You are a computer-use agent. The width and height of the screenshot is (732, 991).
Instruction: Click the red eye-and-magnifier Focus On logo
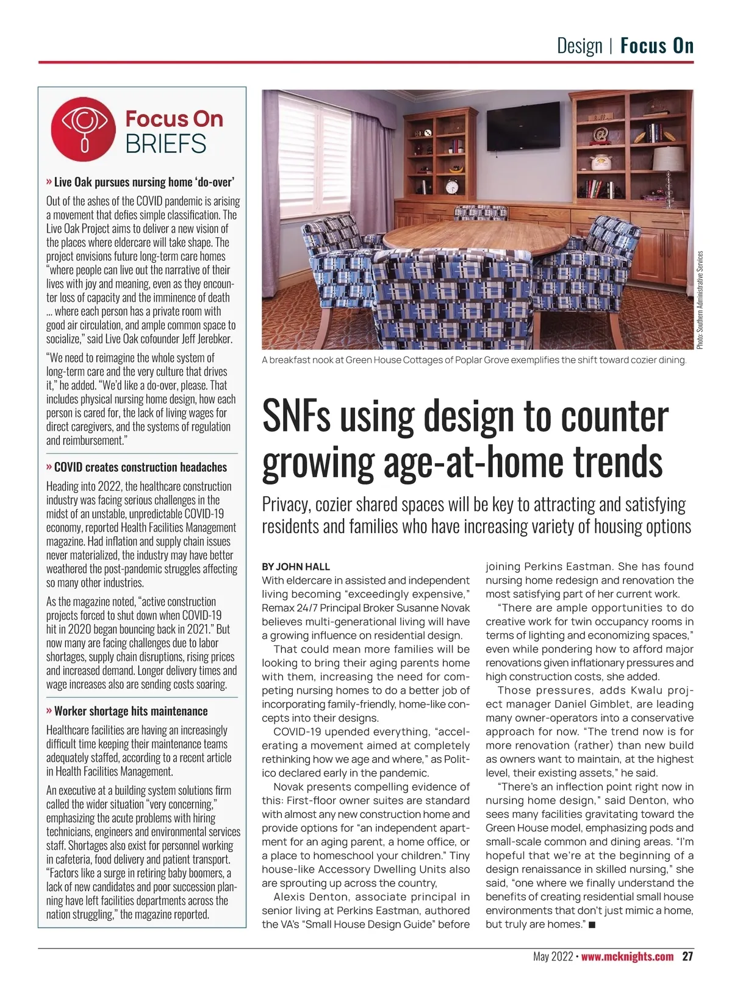point(84,130)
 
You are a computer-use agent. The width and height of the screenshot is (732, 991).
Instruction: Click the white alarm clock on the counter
point(453,185)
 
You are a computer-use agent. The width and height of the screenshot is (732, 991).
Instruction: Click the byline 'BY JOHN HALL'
point(296,567)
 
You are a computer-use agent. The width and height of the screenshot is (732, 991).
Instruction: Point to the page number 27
point(687,956)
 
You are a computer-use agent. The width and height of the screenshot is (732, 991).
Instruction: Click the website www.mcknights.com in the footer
point(627,956)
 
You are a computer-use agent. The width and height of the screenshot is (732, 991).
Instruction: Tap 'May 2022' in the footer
point(553,956)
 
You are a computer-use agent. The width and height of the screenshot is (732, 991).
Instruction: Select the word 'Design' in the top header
point(579,46)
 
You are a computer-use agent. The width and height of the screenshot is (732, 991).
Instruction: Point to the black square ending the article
point(592,925)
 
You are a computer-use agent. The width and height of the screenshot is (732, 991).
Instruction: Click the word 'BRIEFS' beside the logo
point(166,144)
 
